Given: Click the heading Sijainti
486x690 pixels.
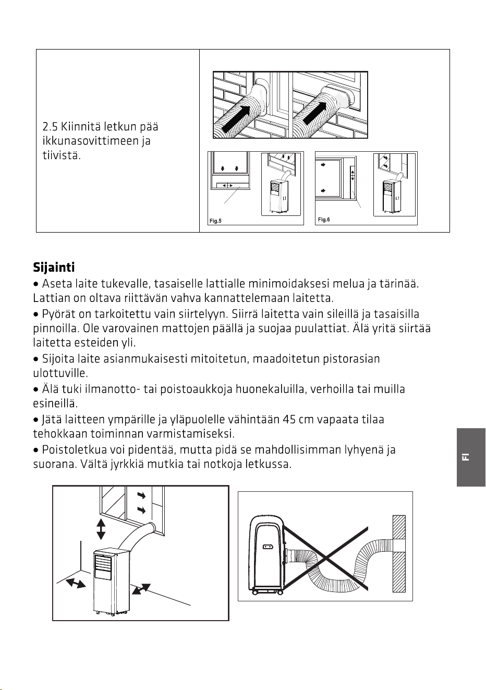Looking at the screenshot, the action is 54,268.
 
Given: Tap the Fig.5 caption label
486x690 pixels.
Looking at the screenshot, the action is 215,221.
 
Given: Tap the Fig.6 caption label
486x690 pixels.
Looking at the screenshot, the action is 324,220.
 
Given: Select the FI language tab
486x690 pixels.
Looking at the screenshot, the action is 471,457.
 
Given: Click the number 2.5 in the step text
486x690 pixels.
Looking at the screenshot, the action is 50,127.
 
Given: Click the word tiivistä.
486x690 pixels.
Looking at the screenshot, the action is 62,155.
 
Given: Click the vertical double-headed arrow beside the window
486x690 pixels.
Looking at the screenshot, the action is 101,529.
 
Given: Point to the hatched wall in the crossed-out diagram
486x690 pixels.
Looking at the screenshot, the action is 399,553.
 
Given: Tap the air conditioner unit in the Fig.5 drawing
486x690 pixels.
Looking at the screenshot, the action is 279,196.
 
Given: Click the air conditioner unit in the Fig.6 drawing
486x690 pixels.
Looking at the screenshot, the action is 392,196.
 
